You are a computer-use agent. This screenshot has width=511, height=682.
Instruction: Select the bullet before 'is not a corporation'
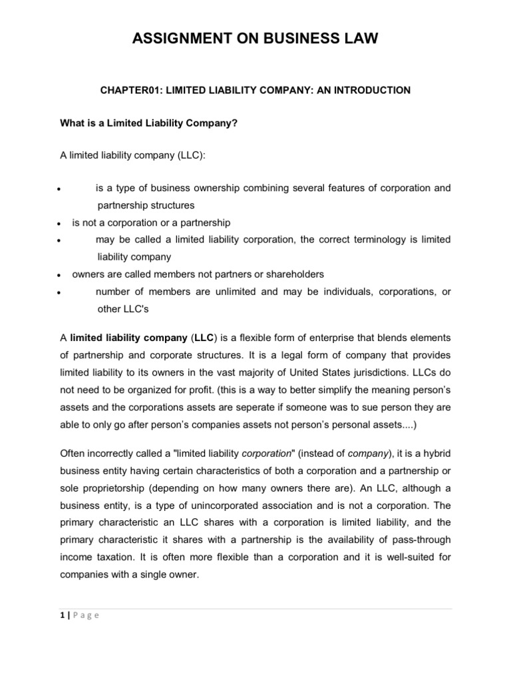tap(59, 224)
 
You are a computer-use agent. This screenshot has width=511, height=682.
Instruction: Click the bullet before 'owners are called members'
tap(59, 274)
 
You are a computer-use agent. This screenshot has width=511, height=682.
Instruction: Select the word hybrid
tap(436, 453)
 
